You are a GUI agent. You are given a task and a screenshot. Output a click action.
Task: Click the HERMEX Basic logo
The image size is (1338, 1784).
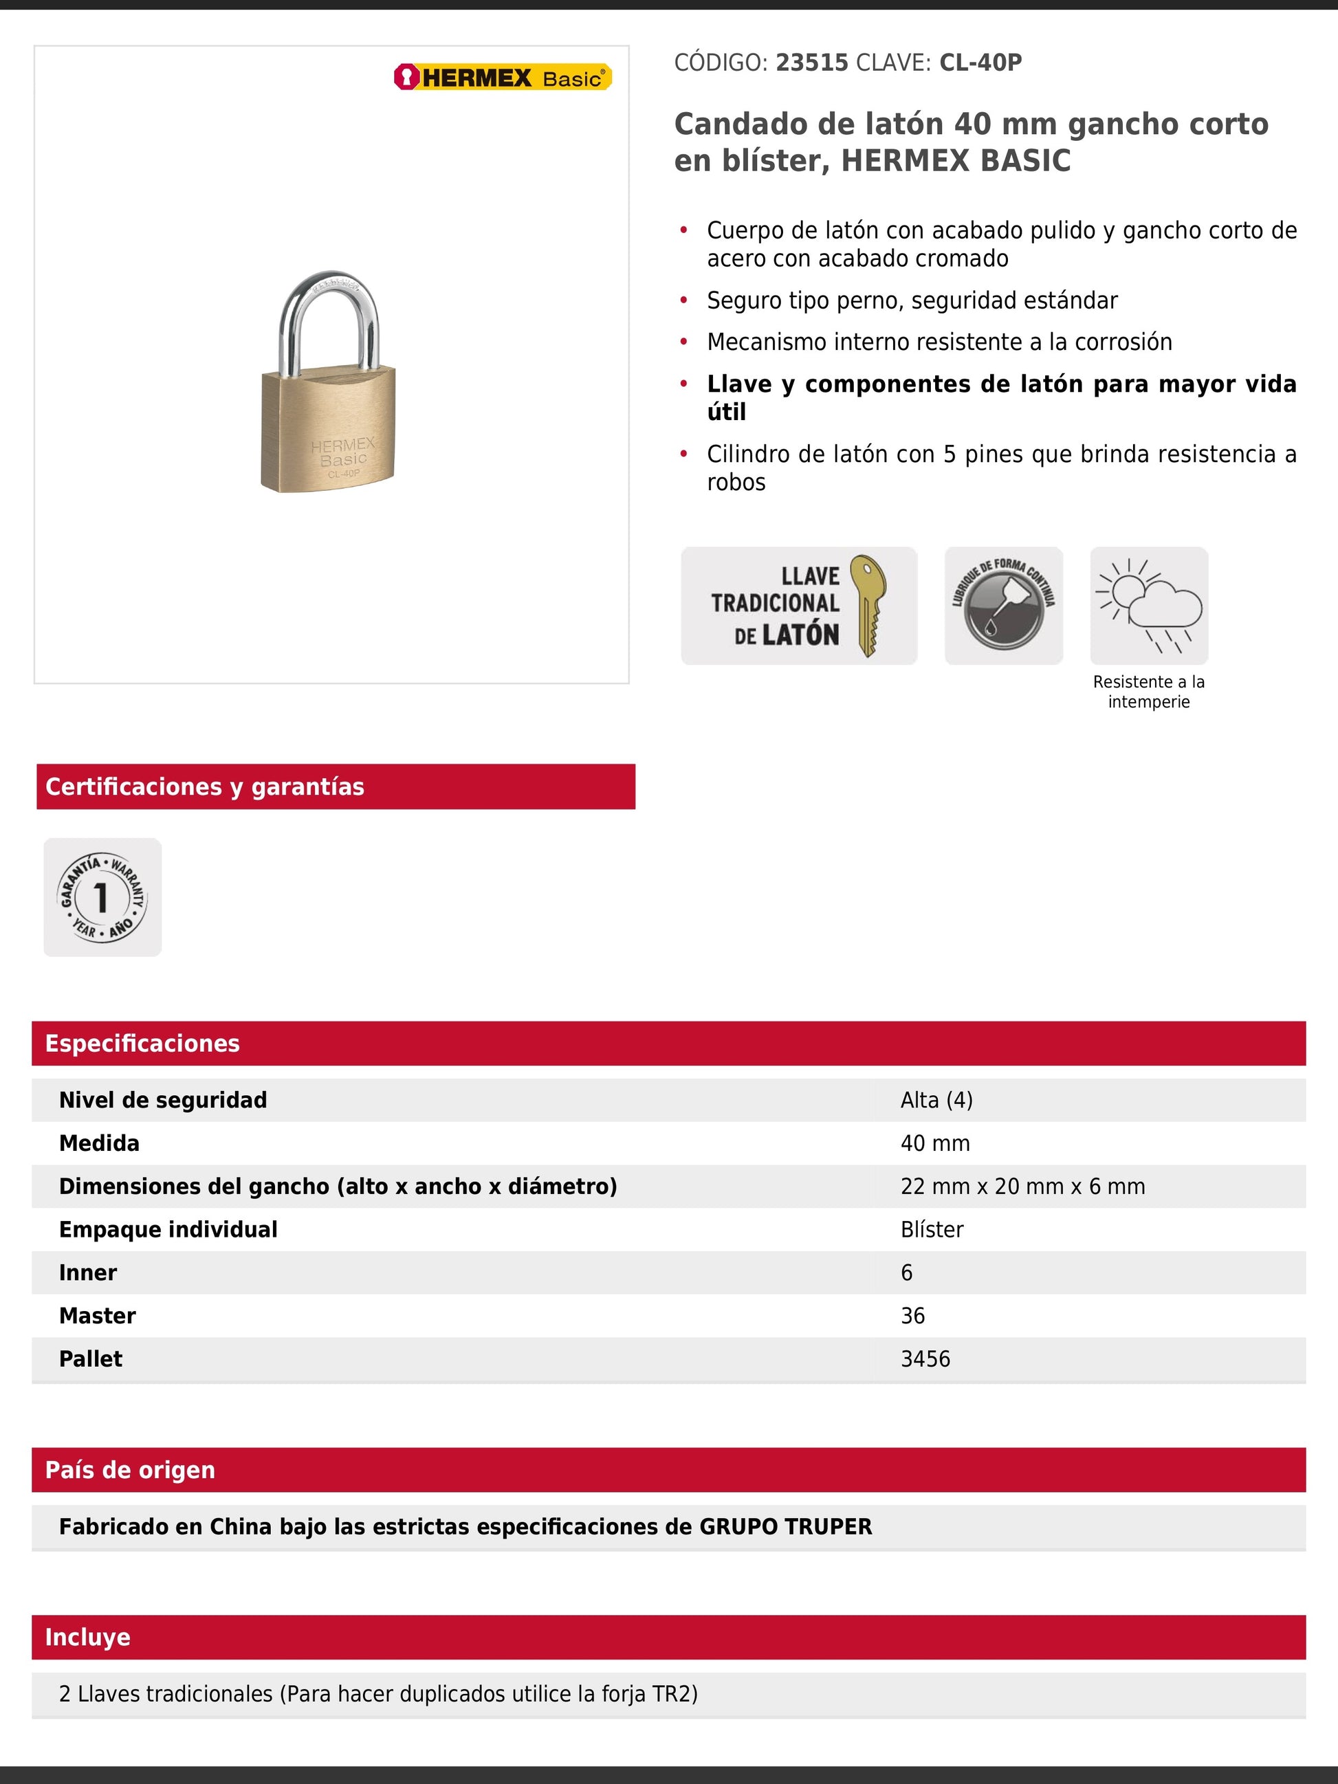click(503, 78)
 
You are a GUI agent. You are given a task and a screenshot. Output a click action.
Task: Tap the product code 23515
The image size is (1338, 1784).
click(811, 63)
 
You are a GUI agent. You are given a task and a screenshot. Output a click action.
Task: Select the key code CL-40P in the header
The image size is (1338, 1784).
click(980, 63)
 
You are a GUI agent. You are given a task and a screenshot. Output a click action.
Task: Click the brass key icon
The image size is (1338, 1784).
click(868, 605)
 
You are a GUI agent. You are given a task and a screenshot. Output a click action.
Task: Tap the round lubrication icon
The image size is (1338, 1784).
click(1003, 606)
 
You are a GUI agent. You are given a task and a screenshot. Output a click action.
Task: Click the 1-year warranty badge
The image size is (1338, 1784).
click(102, 897)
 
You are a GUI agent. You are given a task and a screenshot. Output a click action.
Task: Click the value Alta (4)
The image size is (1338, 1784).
click(936, 1100)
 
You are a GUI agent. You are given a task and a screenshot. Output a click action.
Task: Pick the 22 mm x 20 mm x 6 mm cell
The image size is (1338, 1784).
click(1022, 1187)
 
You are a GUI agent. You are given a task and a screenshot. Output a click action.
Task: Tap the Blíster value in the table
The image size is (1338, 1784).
click(932, 1230)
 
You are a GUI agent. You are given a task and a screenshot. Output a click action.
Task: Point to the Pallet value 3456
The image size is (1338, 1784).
click(925, 1359)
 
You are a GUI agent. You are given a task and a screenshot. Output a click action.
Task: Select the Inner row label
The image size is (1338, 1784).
click(88, 1273)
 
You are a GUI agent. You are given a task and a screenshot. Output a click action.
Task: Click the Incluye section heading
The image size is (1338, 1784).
click(88, 1637)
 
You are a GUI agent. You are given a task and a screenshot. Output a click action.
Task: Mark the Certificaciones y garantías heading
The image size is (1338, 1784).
click(205, 786)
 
